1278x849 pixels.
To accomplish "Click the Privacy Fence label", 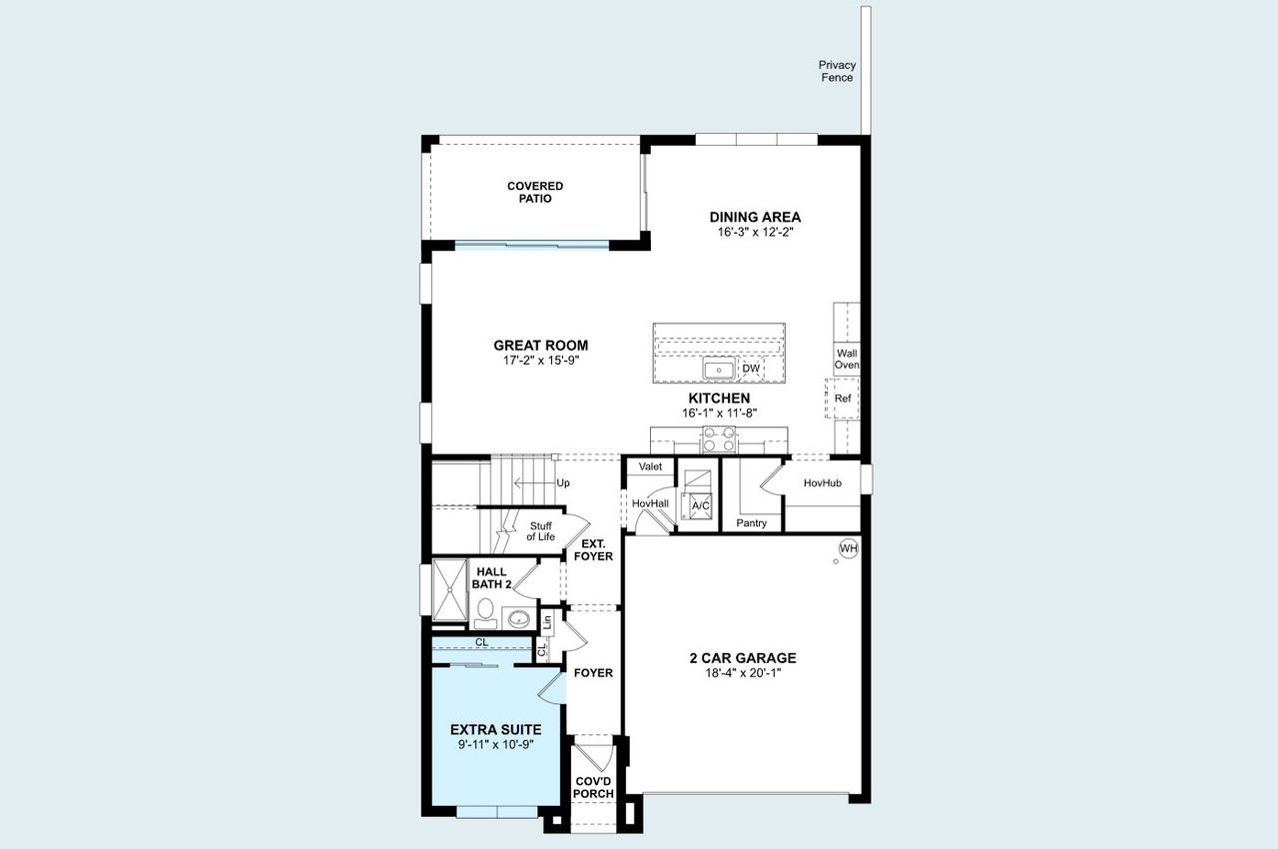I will point(837,71).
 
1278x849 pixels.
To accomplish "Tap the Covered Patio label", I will point(535,192).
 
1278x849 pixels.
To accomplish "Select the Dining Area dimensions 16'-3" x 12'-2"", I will point(755,232).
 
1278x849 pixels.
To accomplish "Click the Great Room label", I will point(540,346).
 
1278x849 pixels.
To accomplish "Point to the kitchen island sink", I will point(719,370).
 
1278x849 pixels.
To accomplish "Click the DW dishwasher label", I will point(751,370).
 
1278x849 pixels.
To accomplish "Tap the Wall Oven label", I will point(847,359).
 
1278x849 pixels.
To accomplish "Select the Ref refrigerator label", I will point(844,399).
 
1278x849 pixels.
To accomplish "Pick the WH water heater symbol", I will point(849,548).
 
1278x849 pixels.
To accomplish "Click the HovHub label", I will point(823,482).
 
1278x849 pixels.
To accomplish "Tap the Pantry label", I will point(751,522).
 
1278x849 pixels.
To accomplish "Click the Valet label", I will point(650,466).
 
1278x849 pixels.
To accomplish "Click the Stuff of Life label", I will point(540,531).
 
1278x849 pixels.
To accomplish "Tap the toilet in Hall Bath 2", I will point(485,610).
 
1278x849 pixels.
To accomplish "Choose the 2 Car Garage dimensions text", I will point(742,673).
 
